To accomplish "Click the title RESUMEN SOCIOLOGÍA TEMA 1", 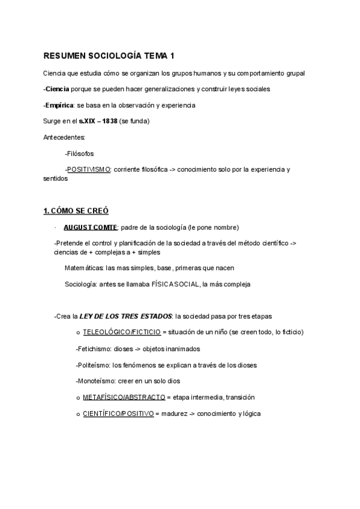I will [x=109, y=56].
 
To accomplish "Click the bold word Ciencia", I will [x=58, y=89].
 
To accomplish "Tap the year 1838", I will [x=110, y=121].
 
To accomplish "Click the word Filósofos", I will [x=80, y=154].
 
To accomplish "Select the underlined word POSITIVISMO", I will [x=89, y=169].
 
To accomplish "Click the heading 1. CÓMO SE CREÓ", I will [x=76, y=211].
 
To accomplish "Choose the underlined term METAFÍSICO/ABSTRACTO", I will [x=124, y=397].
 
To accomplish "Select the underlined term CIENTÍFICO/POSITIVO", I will [x=118, y=414].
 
